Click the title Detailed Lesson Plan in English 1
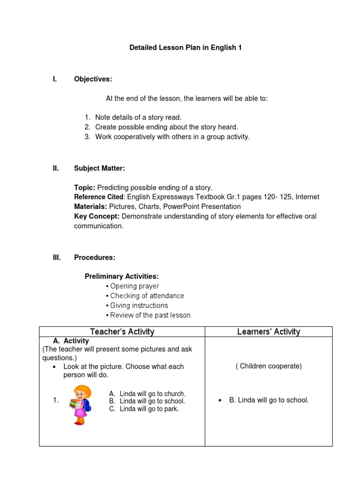(185, 48)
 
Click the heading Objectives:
(93, 79)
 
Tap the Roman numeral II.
(56, 168)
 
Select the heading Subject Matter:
(99, 168)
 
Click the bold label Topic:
(84, 187)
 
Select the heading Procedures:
(94, 257)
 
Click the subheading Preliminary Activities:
(121, 277)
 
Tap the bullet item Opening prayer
(134, 286)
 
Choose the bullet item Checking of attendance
(147, 296)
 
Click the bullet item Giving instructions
(138, 306)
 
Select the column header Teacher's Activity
(122, 332)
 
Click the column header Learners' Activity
(268, 332)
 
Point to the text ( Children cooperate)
(268, 366)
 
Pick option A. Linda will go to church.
(147, 394)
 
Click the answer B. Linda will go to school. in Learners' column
(269, 400)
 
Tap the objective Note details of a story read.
(138, 117)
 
